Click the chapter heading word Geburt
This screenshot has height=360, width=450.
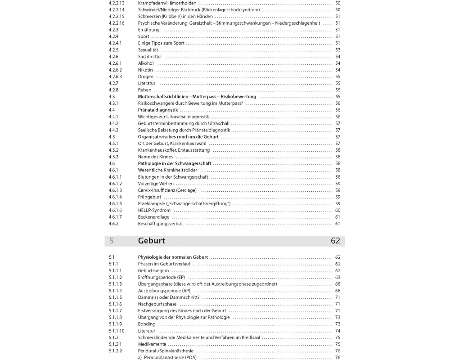[151, 241]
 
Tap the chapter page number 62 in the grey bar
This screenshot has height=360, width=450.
[335, 241]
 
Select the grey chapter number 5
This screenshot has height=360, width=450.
[111, 241]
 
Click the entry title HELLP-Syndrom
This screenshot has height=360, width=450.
[154, 211]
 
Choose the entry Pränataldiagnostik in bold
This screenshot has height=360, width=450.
[158, 110]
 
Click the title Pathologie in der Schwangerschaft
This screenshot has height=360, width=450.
[174, 163]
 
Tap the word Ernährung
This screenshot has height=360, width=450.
[148, 30]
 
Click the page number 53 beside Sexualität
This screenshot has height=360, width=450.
[337, 50]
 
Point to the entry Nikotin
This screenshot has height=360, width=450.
[145, 70]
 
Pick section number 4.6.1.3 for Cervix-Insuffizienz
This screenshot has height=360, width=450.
[115, 190]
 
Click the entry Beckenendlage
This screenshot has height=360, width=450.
[153, 217]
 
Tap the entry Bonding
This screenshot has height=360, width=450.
[147, 324]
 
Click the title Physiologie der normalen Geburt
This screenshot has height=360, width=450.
[173, 257]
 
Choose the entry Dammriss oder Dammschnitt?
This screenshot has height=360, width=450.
[168, 297]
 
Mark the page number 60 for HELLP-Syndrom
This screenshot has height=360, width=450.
[337, 211]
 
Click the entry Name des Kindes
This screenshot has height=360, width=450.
[155, 157]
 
